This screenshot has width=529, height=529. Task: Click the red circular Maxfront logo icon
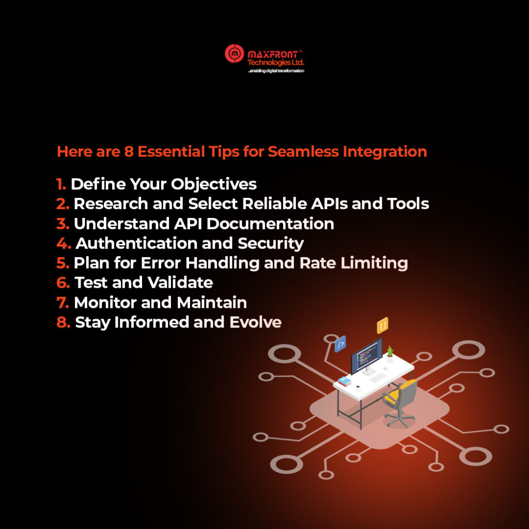(235, 53)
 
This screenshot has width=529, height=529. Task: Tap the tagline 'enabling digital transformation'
(276, 71)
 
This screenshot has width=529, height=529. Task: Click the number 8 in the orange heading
(129, 151)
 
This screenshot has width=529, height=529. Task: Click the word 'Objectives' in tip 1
(213, 184)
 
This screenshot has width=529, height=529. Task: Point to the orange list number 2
(63, 204)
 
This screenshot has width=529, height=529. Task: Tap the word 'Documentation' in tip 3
(270, 224)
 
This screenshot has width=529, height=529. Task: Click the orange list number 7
(63, 303)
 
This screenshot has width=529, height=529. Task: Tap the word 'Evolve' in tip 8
(255, 322)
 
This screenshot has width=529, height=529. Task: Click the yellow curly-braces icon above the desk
(383, 325)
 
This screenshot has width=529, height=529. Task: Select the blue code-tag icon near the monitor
(340, 344)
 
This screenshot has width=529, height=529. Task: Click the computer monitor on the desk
(367, 356)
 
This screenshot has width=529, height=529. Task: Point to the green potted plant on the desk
(390, 354)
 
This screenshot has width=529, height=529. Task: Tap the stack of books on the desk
(345, 381)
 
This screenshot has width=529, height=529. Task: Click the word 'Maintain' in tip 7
(212, 303)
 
